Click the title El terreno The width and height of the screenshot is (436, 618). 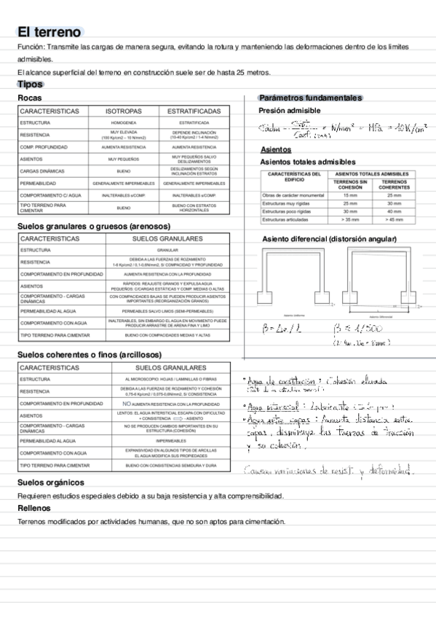click(x=49, y=32)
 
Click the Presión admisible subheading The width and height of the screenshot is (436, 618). click(x=289, y=111)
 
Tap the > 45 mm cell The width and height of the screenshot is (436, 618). click(x=394, y=219)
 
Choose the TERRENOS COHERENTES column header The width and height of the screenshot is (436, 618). click(x=394, y=185)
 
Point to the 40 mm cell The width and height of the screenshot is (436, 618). click(x=394, y=211)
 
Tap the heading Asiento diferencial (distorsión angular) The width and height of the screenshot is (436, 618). click(x=329, y=239)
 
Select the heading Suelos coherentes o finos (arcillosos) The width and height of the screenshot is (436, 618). click(x=89, y=354)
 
